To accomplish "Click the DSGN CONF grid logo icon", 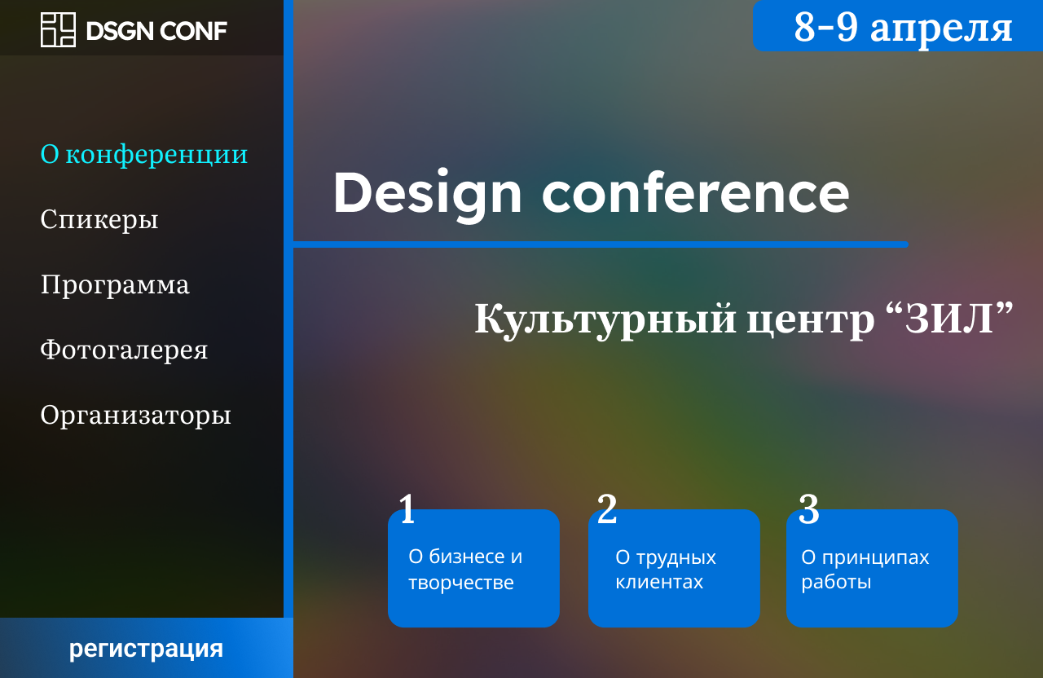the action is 58,30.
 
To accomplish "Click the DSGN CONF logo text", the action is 156,31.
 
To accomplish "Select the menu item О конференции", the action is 144,155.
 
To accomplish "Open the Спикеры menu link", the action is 99,220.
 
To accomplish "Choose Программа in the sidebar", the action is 115,284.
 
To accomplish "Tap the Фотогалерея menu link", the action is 124,350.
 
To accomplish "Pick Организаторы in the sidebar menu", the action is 135,415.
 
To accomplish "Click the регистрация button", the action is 146,648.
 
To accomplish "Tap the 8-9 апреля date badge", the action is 898,25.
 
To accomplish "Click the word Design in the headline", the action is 427,193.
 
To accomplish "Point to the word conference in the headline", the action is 696,192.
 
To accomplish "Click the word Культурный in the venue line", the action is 605,320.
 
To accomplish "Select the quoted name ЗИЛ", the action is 950,318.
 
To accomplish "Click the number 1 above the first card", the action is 407,509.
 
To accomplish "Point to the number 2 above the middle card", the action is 607,509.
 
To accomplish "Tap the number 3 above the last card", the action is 809,509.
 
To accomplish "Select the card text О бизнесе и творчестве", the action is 465,570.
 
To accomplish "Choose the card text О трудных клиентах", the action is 666,570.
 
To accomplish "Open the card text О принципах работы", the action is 865,570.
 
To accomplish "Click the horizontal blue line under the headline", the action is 601,244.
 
